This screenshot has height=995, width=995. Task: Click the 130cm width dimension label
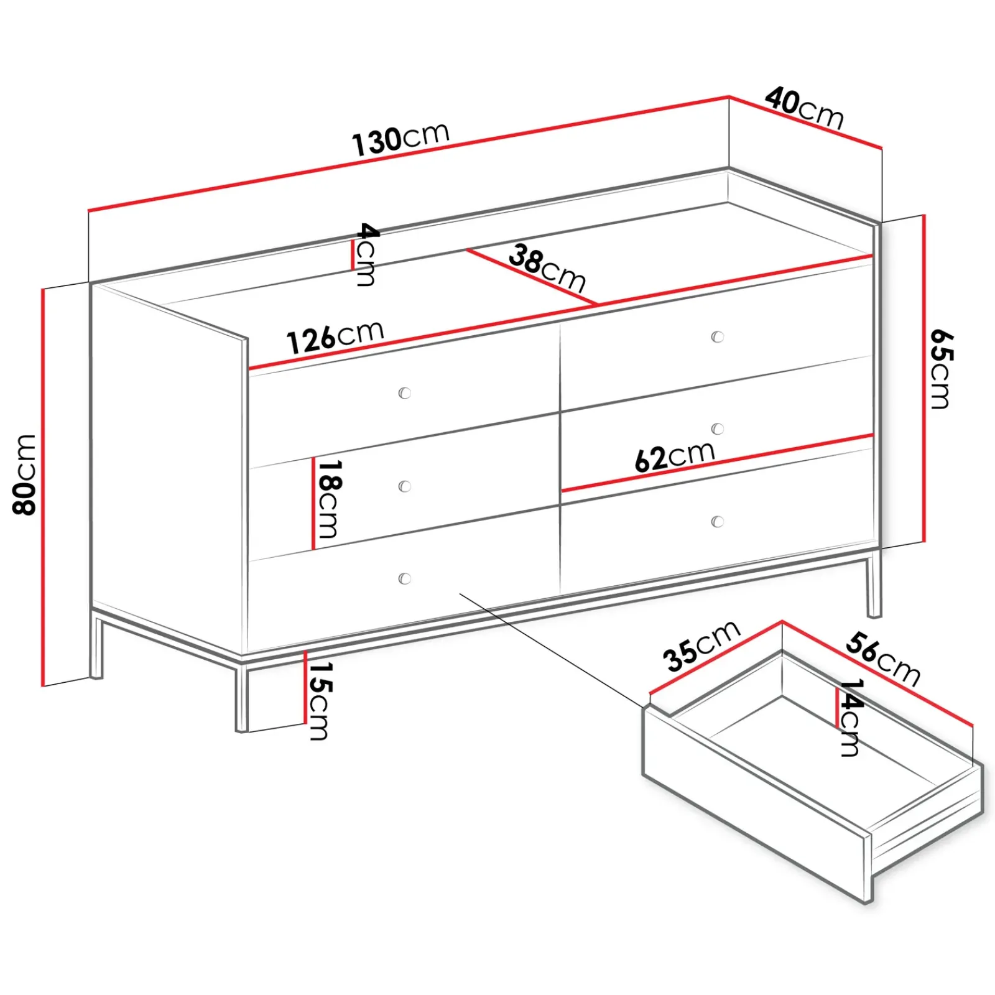[x=400, y=138]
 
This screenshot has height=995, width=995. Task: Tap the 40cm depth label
[x=804, y=108]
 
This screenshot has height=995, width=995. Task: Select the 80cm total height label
[x=25, y=474]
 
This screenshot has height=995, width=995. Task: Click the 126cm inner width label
[x=335, y=338]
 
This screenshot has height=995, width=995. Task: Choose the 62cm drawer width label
[x=675, y=456]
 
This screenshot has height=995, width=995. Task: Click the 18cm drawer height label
[x=328, y=499]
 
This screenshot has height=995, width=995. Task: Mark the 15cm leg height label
[x=319, y=701]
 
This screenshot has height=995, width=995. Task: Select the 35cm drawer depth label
[x=701, y=646]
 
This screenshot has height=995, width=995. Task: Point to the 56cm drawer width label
[x=882, y=659]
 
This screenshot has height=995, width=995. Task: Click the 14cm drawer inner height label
[x=850, y=717]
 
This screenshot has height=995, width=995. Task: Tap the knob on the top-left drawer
[x=405, y=393]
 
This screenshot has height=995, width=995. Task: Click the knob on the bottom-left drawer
[x=405, y=579]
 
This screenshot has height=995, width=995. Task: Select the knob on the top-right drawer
[x=718, y=337]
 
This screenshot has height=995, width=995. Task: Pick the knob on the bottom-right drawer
[x=718, y=522]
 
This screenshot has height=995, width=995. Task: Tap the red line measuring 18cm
[x=313, y=504]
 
